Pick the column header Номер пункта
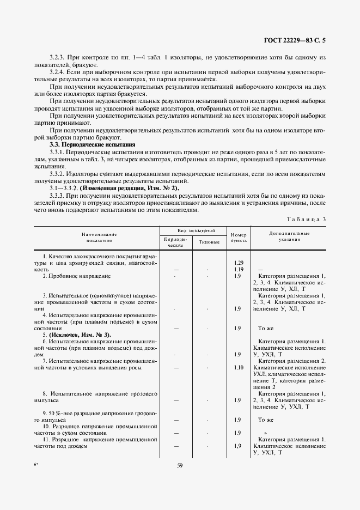238,236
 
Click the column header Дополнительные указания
289,236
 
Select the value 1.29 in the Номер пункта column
238,263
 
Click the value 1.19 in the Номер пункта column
238,269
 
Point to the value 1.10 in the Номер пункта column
238,368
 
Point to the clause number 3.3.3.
58,195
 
